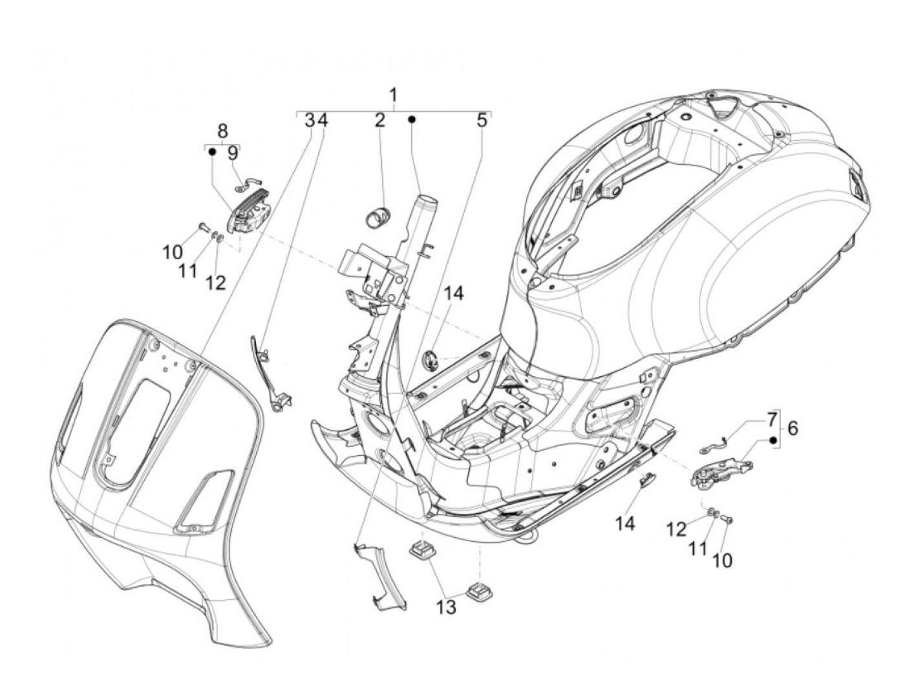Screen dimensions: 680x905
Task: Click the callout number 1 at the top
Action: [x=393, y=96]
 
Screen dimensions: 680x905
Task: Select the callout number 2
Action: [x=379, y=121]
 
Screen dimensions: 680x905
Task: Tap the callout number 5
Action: [x=482, y=121]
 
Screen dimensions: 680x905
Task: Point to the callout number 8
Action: [x=222, y=129]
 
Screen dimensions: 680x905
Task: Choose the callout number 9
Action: [x=232, y=154]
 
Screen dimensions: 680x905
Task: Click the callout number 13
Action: [x=447, y=606]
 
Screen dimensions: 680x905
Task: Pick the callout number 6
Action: [x=793, y=428]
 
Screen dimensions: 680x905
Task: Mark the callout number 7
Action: [x=772, y=419]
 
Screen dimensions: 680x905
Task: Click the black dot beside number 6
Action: [x=772, y=440]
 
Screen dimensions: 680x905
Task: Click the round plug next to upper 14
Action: [x=429, y=359]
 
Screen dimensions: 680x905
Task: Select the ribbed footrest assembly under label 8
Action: [x=251, y=213]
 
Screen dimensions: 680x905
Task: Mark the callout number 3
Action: [x=310, y=121]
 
